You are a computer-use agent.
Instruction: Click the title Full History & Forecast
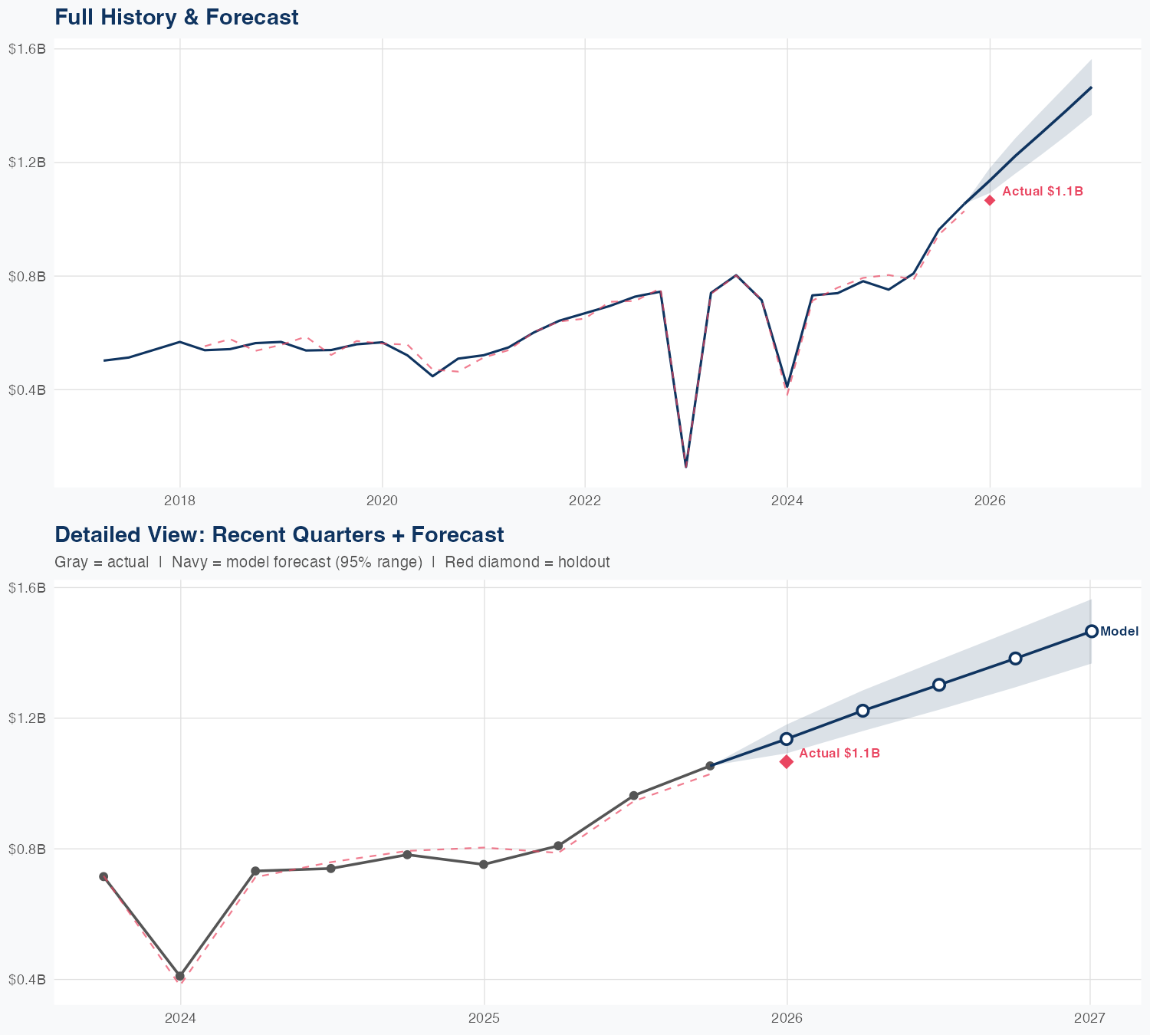(x=176, y=17)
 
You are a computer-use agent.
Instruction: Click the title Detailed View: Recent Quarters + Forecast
(x=279, y=534)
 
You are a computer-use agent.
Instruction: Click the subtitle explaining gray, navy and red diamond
(x=332, y=562)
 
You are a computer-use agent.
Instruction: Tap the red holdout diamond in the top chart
(x=990, y=200)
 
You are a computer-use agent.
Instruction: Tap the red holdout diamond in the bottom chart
(x=787, y=761)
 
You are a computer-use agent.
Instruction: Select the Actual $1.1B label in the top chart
(x=1042, y=192)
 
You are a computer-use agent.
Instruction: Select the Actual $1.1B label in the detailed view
(x=839, y=754)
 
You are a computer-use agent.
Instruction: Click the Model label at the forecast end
(x=1119, y=632)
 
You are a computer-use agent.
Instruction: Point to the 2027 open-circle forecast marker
(x=1091, y=631)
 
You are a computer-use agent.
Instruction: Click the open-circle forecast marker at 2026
(x=787, y=739)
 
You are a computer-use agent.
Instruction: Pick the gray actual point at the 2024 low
(x=180, y=976)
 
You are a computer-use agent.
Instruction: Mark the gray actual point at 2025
(x=484, y=865)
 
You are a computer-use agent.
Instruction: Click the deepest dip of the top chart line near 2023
(x=686, y=466)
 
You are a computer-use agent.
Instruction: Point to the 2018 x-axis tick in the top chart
(x=179, y=501)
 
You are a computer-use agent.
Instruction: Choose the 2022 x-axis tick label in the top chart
(x=584, y=501)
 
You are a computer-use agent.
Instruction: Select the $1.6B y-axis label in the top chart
(x=27, y=49)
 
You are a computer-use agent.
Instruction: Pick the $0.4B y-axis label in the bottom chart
(x=27, y=980)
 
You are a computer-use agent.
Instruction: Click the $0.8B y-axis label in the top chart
(x=27, y=276)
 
